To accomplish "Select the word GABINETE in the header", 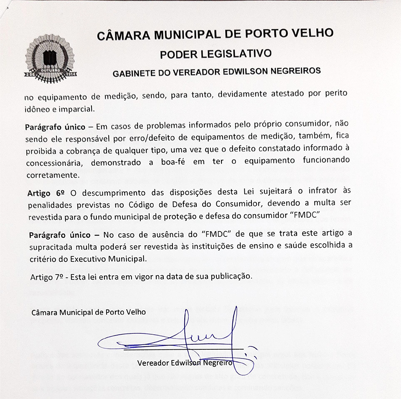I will click(x=132, y=73).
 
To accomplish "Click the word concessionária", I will click(x=52, y=162).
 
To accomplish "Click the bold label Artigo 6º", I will click(x=46, y=193).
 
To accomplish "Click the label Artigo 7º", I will click(x=46, y=277).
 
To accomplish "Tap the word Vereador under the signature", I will click(x=153, y=363).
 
